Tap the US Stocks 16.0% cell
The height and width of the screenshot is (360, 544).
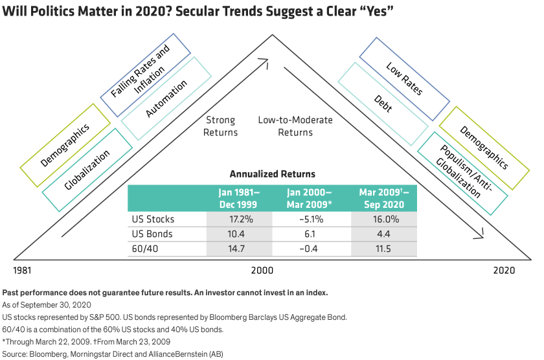coord(388,219)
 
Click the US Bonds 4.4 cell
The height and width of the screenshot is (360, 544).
coord(388,234)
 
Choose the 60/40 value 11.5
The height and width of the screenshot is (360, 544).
coord(388,249)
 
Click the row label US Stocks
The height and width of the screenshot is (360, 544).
coord(153,219)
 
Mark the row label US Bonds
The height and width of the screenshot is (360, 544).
coord(152,234)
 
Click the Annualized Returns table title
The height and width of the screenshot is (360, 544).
coord(272,174)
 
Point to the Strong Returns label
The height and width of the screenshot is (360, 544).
coord(221,126)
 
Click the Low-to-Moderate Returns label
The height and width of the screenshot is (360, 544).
coord(295,126)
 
